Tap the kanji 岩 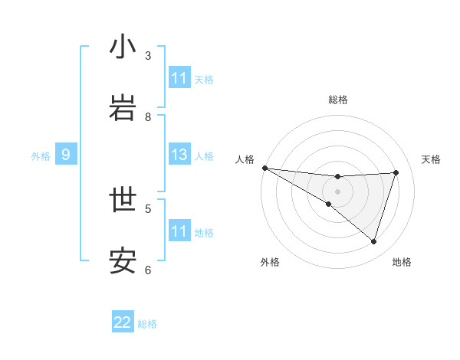coord(123,109)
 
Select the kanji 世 coord(123,201)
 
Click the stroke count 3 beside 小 coord(148,56)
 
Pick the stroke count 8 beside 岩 coord(148,117)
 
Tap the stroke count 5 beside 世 coord(148,208)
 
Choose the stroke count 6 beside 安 coord(148,270)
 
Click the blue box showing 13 coord(179,155)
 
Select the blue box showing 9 coord(66,155)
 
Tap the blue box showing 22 coord(123,322)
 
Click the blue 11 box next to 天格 coord(179,78)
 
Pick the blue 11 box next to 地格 coord(179,231)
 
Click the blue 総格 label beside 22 coord(147,324)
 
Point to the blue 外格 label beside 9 coord(41,156)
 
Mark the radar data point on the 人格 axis coord(264,168)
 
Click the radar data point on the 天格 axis coord(396,172)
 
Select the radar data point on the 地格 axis coord(374,241)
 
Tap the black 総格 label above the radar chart coord(338,100)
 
